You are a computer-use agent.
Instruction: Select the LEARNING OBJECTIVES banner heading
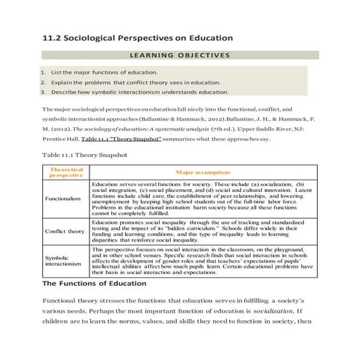click(179, 55)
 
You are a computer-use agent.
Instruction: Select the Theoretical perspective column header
click(66, 172)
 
